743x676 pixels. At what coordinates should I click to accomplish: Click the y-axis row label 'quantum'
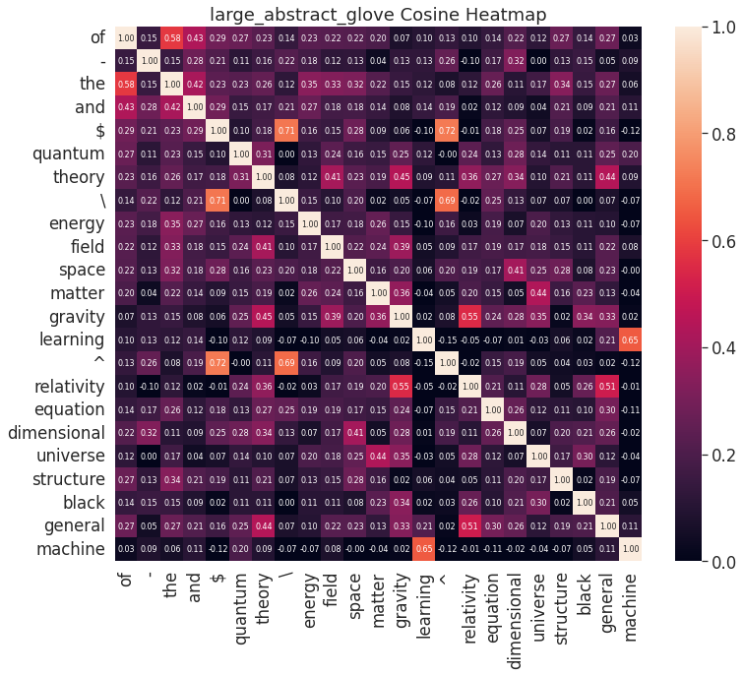(69, 153)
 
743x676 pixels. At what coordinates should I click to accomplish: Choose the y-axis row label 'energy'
(76, 222)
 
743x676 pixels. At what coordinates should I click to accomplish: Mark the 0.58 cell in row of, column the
(171, 37)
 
